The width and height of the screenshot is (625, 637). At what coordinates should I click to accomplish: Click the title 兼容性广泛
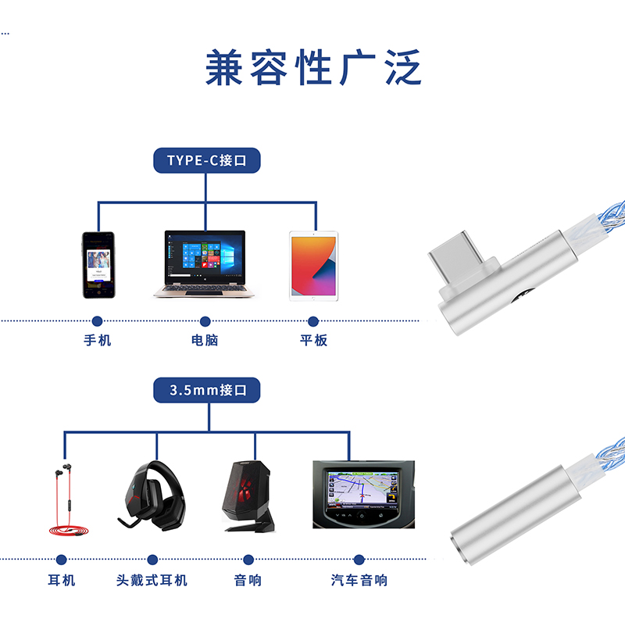click(312, 67)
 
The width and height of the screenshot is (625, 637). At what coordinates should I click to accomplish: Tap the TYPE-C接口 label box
click(206, 161)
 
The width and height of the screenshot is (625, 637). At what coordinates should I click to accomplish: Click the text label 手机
click(98, 341)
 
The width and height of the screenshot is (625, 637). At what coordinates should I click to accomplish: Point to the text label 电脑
click(205, 341)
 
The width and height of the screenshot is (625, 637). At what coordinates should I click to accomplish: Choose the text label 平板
click(313, 341)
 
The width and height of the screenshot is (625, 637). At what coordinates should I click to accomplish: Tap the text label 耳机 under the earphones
click(62, 580)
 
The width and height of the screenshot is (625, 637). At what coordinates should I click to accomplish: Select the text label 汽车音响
click(359, 580)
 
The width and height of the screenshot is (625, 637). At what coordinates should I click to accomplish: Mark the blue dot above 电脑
click(205, 321)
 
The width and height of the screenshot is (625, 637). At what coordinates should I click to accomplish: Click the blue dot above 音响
click(248, 560)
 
